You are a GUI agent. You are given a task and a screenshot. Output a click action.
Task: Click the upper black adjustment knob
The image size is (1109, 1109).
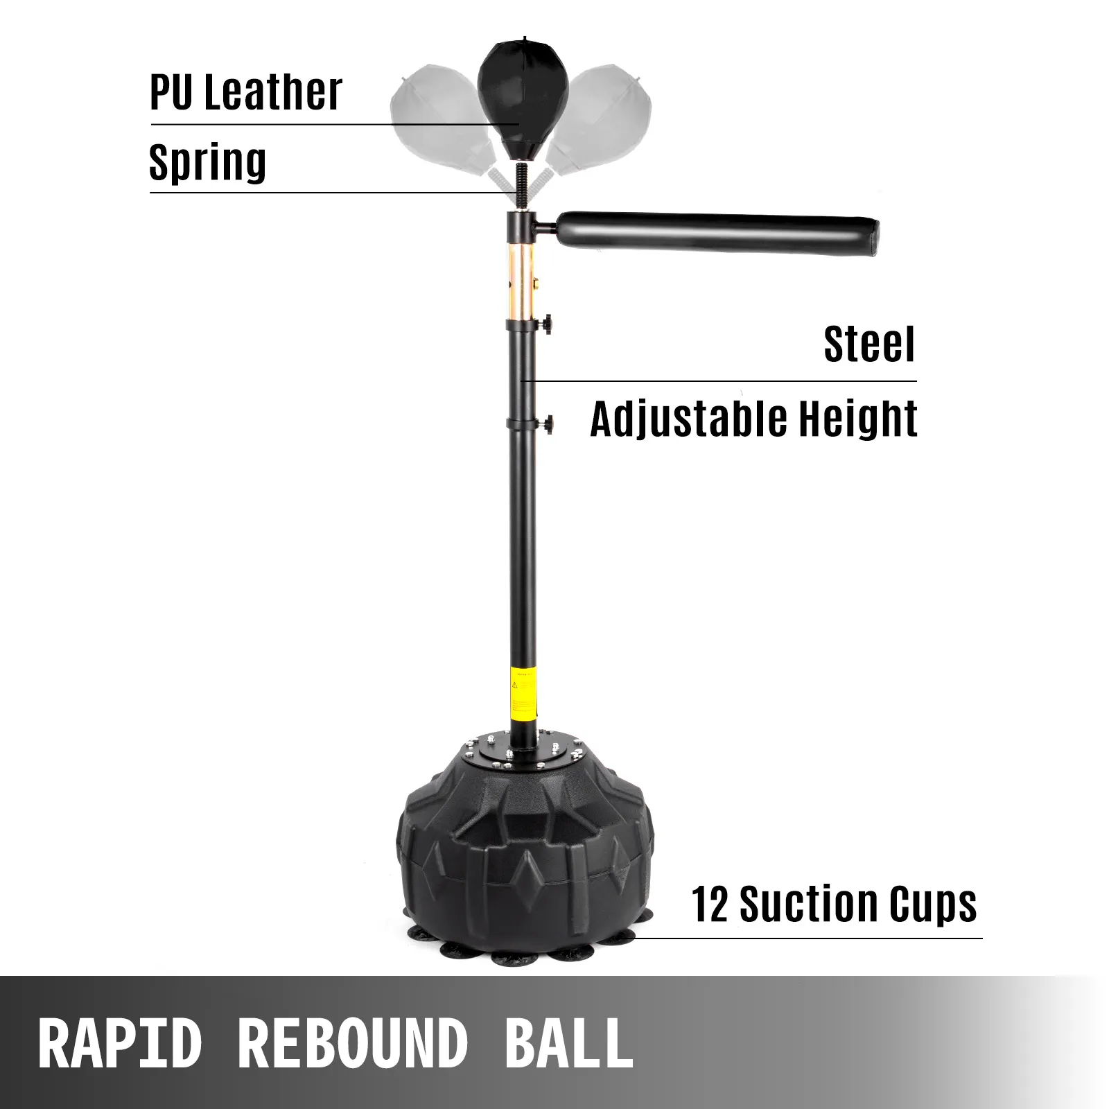click(x=548, y=324)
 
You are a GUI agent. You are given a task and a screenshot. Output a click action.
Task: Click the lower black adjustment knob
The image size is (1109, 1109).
click(x=548, y=423)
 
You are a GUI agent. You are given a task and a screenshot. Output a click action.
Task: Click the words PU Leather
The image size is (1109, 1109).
click(x=246, y=92)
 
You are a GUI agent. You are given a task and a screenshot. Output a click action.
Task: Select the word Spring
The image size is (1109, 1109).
click(x=208, y=164)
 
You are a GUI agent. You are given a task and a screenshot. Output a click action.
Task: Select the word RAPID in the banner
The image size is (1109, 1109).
click(x=121, y=1043)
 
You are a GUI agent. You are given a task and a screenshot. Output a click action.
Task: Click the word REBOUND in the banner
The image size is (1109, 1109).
click(x=353, y=1043)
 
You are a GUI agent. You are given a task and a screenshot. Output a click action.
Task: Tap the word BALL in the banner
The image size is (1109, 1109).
click(x=569, y=1043)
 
